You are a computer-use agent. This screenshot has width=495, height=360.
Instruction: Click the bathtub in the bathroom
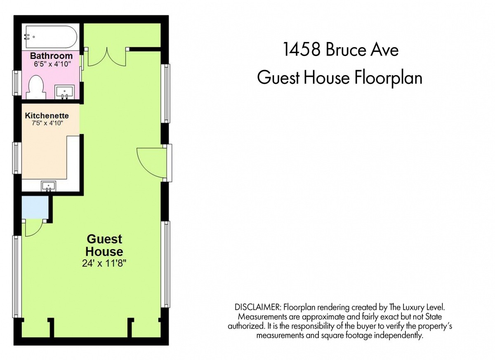coord(51,37)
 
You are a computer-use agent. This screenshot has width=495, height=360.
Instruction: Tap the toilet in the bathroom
coord(36,87)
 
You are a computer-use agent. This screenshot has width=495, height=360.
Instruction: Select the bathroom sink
coord(64,93)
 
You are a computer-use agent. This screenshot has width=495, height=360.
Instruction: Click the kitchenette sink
coord(49,186)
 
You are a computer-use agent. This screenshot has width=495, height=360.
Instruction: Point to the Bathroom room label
coord(51,56)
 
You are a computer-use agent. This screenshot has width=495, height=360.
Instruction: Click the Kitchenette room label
coord(47,115)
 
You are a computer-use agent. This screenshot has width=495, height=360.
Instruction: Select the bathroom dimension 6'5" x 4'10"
coord(52,64)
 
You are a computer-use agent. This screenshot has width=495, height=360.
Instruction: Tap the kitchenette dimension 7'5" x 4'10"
coord(47,123)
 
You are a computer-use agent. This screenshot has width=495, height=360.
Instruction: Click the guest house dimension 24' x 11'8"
coord(104,263)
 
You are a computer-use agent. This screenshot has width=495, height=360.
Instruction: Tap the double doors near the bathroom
coord(107,56)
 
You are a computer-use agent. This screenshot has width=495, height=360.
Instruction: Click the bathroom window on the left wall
coord(17,83)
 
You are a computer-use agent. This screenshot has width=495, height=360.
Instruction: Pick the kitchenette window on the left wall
coord(17,158)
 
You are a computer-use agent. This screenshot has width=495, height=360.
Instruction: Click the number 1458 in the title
coord(302,50)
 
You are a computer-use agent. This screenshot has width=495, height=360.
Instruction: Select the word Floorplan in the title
coord(388,78)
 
